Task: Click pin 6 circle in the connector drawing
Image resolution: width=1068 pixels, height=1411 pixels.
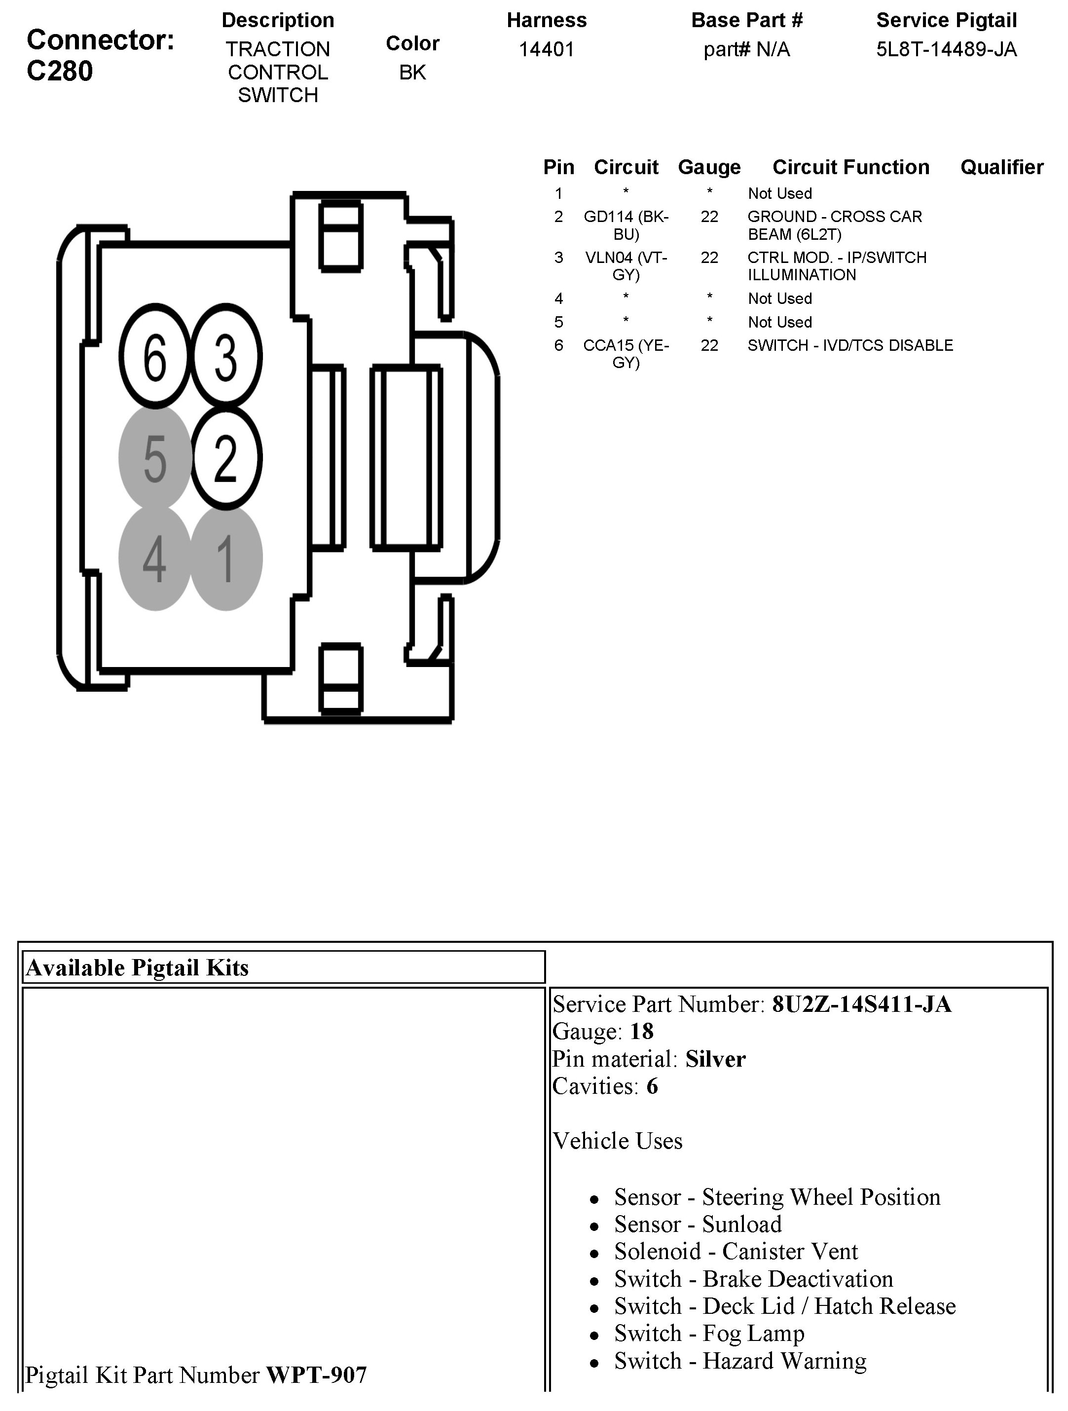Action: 155,356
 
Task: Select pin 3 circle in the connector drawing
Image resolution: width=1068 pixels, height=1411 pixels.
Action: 226,356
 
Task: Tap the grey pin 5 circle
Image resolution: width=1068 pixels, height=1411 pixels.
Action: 155,457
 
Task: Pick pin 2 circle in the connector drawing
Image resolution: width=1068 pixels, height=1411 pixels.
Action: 226,457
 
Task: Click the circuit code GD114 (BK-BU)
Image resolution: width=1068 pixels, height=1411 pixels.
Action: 626,225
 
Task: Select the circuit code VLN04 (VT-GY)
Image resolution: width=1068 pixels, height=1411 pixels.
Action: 626,266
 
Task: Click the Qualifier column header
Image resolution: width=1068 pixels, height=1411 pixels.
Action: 1001,167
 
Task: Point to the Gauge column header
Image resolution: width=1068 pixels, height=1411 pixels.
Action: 709,167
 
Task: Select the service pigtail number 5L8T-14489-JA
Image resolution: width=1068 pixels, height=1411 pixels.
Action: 946,49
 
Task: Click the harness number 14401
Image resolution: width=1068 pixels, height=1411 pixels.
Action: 547,49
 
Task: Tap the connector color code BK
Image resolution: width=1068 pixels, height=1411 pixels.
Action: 412,73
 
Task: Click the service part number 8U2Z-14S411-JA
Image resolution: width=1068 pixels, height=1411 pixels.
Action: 861,1004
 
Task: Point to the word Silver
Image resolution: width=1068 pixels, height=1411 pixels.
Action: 715,1060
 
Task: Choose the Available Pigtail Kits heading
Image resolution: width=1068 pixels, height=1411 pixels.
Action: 137,967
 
